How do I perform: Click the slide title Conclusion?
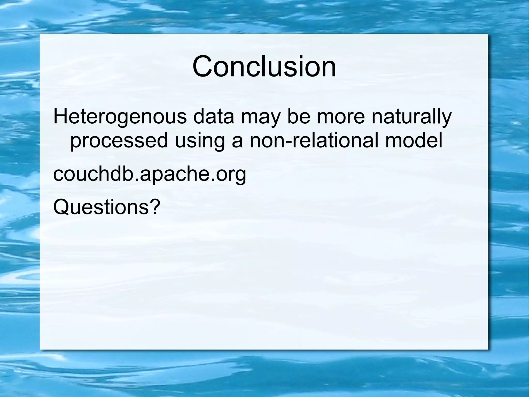tap(264, 66)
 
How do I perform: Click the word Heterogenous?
tap(120, 117)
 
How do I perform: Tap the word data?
tap(214, 117)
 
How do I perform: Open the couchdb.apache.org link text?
tap(150, 174)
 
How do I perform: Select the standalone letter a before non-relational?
tap(237, 142)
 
